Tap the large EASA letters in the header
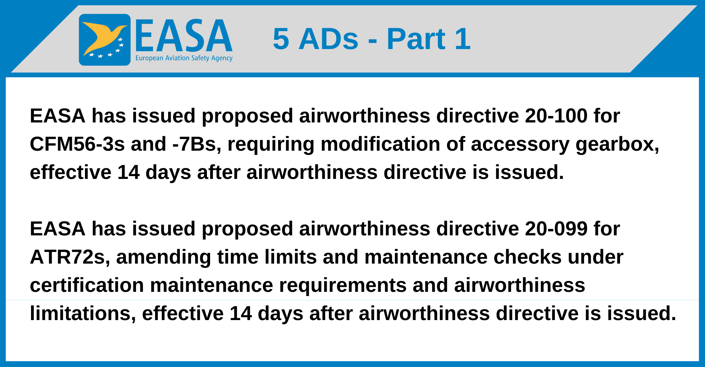coord(184,36)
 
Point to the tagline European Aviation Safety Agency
coord(184,58)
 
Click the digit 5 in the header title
coord(281,39)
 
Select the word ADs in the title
coord(329,39)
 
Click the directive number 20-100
coord(556,116)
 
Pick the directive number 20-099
coord(556,229)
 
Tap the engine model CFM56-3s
coord(77,144)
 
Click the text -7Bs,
coord(197,144)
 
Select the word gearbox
coord(617,144)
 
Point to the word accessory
coord(520,145)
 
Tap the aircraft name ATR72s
coord(70,257)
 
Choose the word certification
coord(87,285)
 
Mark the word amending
coord(164,258)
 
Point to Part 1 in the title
coord(428,39)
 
